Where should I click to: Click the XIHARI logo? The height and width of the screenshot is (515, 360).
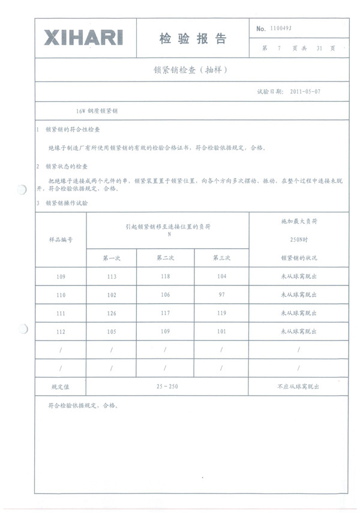click(x=83, y=38)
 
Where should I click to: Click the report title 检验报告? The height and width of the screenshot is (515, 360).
click(x=193, y=39)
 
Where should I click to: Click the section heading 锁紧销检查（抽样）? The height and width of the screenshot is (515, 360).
click(x=191, y=70)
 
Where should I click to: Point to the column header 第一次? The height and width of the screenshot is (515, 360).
click(x=112, y=258)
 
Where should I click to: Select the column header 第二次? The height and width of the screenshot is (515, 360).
click(x=165, y=258)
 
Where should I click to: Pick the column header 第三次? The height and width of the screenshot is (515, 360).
click(x=221, y=258)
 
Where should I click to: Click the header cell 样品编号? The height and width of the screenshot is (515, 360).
click(x=61, y=239)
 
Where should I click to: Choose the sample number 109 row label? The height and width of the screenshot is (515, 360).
click(x=61, y=276)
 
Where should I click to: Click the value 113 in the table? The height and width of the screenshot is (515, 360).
click(x=112, y=276)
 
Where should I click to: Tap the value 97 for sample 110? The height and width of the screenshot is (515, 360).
click(x=221, y=295)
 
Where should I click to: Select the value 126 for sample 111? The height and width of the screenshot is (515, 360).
click(x=112, y=313)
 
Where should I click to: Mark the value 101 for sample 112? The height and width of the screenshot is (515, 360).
click(x=221, y=332)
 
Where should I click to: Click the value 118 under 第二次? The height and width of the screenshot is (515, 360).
click(x=165, y=276)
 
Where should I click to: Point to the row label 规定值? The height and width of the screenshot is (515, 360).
click(x=61, y=387)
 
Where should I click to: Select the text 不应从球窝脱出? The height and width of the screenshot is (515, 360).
click(x=298, y=387)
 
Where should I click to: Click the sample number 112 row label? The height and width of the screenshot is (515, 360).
click(x=61, y=332)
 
